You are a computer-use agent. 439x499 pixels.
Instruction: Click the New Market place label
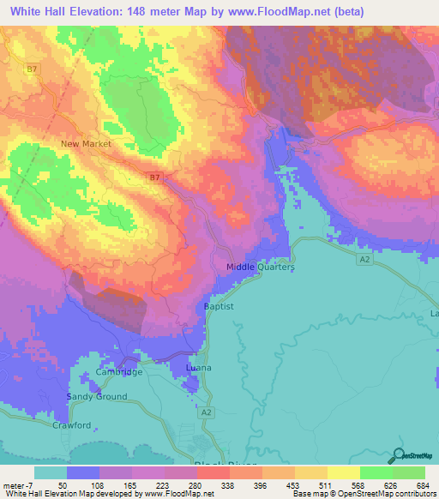pyautogui.click(x=86, y=144)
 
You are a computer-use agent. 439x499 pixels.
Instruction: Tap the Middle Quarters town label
pyautogui.click(x=261, y=268)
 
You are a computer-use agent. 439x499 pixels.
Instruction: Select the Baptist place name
pyautogui.click(x=219, y=306)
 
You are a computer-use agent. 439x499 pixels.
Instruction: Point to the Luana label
pyautogui.click(x=198, y=368)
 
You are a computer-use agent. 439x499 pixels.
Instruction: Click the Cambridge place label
pyautogui.click(x=119, y=372)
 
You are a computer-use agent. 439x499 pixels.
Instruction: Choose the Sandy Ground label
pyautogui.click(x=99, y=397)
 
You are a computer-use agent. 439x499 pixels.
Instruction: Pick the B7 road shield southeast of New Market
pyautogui.click(x=153, y=177)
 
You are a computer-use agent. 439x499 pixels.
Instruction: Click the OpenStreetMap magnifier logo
pyautogui.click(x=398, y=457)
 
